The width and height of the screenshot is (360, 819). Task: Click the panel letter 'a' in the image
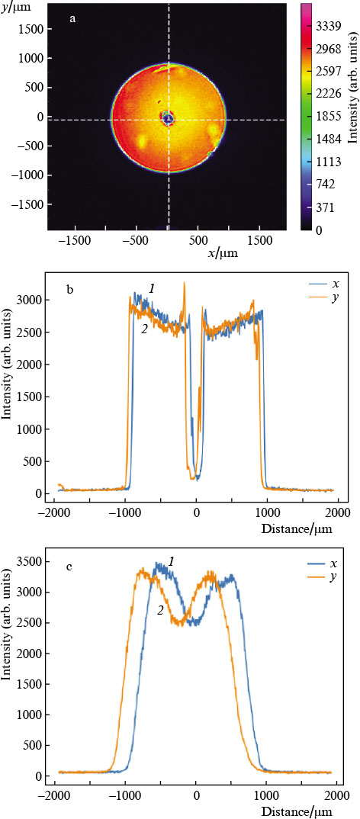(x=72, y=19)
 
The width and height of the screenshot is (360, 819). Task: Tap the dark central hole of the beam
(x=168, y=118)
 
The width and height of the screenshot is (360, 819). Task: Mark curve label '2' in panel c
(x=161, y=588)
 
